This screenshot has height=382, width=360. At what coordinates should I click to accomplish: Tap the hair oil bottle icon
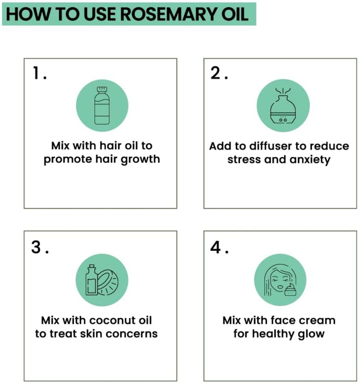[102, 106]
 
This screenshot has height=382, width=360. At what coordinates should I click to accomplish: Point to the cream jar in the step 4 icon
[290, 290]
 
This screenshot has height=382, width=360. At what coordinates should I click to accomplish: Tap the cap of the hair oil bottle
[102, 90]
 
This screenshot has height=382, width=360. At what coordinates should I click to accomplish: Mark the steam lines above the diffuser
[283, 92]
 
